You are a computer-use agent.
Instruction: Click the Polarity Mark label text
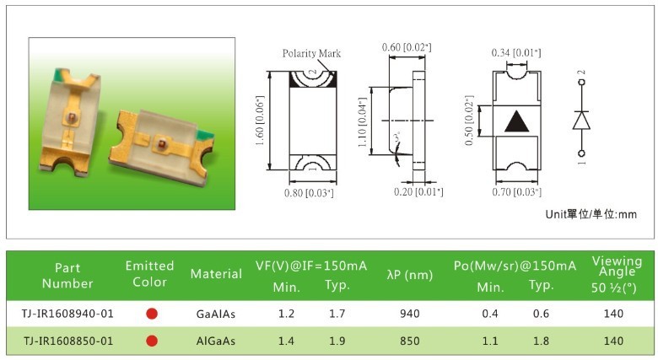click(311, 53)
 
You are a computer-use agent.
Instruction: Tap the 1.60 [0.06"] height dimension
click(260, 121)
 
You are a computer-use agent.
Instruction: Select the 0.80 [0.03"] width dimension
click(309, 193)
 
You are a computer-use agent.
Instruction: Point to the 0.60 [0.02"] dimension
click(407, 47)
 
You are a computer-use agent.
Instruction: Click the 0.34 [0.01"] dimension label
click(516, 52)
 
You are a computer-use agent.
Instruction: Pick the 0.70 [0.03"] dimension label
click(516, 191)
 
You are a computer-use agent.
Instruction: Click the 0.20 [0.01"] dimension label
click(418, 191)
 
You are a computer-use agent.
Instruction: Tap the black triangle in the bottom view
click(516, 122)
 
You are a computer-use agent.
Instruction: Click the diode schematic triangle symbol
click(581, 121)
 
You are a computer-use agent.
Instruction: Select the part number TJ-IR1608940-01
click(67, 314)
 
